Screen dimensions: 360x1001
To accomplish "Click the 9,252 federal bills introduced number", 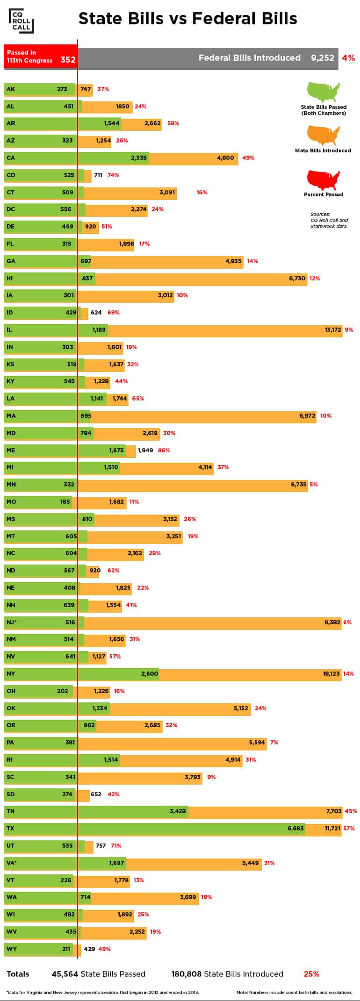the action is point(323,58).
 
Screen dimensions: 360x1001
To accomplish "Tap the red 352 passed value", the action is point(68,60).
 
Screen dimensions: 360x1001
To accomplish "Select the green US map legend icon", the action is point(324,92).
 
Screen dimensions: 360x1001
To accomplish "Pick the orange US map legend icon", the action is point(324,136).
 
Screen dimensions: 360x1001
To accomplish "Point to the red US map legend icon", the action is point(324,179).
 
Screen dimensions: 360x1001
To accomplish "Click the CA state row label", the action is point(11,158).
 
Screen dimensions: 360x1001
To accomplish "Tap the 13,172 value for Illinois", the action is point(333,330).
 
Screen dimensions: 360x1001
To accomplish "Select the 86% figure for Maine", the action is point(164,450).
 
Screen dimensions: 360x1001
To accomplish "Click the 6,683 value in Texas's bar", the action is point(295,829).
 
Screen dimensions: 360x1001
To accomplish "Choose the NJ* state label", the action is point(12,622).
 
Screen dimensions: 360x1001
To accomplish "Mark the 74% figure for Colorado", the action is point(113,175).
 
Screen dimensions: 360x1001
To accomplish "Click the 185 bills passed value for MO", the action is point(65,502).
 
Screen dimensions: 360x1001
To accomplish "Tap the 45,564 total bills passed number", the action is point(65,974).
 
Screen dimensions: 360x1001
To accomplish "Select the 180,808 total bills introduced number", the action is point(187,974).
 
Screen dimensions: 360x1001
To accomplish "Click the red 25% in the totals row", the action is point(311,974).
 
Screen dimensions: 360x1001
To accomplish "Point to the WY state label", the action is point(11,949).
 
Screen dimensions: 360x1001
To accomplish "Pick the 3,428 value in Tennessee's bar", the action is point(178,811).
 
